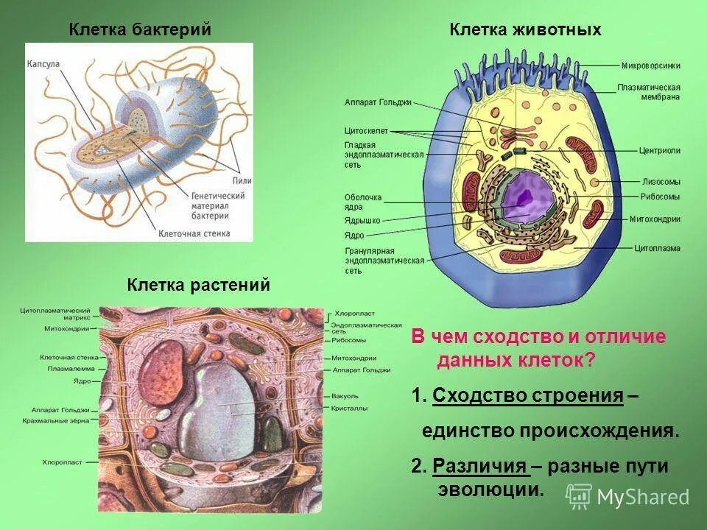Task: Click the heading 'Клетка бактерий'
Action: pos(140,29)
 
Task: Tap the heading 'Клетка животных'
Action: pos(526,29)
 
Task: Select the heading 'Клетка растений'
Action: pos(199,284)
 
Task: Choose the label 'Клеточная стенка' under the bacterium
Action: pos(194,234)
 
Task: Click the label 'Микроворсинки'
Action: pos(650,66)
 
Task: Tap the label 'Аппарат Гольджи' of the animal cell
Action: pos(378,103)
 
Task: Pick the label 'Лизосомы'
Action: pos(660,181)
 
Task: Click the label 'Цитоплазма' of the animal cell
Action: pos(657,248)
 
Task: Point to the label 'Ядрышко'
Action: pos(362,221)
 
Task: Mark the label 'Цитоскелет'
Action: pos(366,130)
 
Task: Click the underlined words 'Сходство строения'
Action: pos(528,396)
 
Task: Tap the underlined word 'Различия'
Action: pos(480,465)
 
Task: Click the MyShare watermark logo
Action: pos(628,496)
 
